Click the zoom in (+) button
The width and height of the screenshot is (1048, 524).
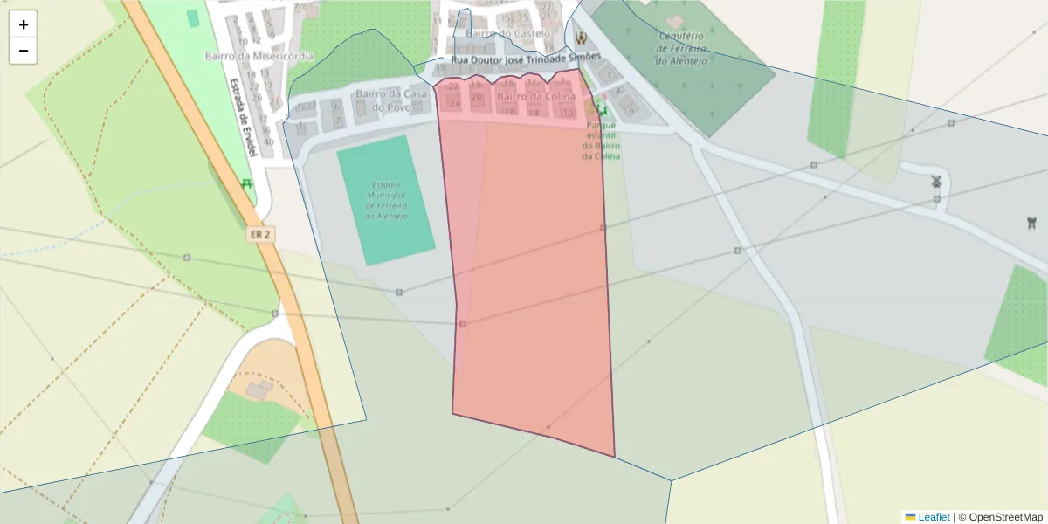pyautogui.click(x=24, y=24)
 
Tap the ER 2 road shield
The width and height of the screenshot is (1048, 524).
pyautogui.click(x=260, y=235)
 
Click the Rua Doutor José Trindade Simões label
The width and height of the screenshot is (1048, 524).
pyautogui.click(x=526, y=58)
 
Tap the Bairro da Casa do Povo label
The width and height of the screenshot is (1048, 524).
pyautogui.click(x=390, y=100)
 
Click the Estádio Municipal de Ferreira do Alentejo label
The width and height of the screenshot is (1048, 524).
pyautogui.click(x=384, y=200)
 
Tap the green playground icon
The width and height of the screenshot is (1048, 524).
pyautogui.click(x=600, y=109)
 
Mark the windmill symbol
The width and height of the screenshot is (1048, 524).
pyautogui.click(x=936, y=182)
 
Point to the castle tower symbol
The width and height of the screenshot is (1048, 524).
pyautogui.click(x=1032, y=223)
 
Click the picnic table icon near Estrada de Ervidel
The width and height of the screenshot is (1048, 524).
pyautogui.click(x=246, y=183)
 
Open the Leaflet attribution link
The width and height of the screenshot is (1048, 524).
pyautogui.click(x=932, y=517)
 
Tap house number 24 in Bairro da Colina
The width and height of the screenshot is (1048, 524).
pyautogui.click(x=454, y=104)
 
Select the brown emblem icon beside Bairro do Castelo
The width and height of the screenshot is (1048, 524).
pyautogui.click(x=581, y=37)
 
